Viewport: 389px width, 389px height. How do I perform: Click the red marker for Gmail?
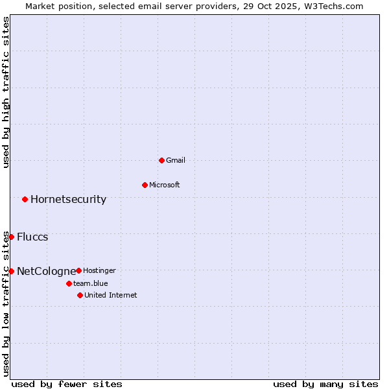(161, 160)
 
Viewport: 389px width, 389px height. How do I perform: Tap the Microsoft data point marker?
(145, 185)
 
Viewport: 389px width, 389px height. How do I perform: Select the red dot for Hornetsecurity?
(25, 199)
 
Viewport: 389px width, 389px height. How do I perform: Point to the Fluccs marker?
(11, 237)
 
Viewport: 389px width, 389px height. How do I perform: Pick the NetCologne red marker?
(11, 271)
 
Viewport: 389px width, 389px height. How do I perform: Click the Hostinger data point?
(78, 270)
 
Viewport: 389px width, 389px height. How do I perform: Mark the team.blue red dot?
(69, 283)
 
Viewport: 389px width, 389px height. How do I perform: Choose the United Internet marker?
(80, 295)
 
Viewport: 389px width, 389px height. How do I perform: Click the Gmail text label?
(176, 160)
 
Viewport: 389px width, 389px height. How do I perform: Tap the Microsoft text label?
(165, 185)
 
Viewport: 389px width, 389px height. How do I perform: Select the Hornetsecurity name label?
(68, 199)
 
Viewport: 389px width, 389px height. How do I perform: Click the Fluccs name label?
(32, 237)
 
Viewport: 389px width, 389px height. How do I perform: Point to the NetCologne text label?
(46, 271)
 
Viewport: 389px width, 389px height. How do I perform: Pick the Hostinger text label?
(99, 270)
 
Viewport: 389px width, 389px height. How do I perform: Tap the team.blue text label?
(91, 283)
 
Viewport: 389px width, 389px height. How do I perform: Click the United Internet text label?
(111, 295)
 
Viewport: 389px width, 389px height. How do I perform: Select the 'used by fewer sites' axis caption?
(67, 384)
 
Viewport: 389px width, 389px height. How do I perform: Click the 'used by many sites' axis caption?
(325, 384)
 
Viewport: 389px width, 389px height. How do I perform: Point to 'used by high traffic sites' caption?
(6, 92)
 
